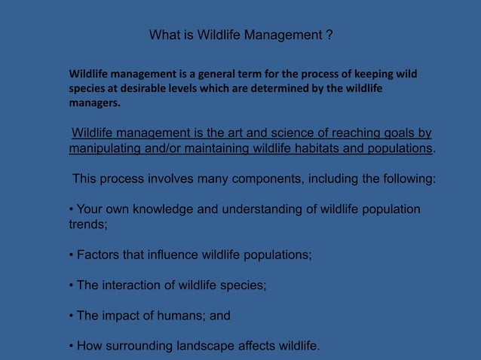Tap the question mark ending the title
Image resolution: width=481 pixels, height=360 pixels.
(x=329, y=35)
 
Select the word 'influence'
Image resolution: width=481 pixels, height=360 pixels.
(x=173, y=255)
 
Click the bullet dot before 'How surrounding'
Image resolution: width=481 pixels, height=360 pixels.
(x=71, y=346)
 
